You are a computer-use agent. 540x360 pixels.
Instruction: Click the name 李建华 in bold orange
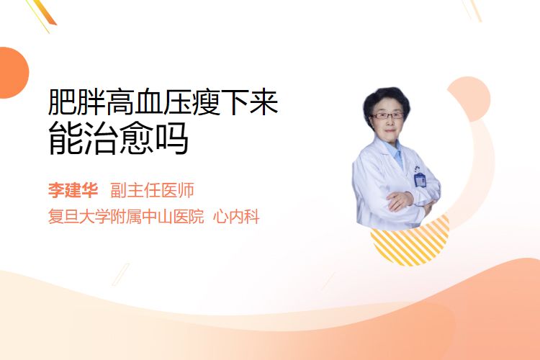pos(73,190)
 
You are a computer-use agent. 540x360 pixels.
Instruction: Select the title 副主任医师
pos(152,190)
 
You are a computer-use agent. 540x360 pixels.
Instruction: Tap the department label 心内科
pos(236,217)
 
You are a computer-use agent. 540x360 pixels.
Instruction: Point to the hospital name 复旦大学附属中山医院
pos(126,217)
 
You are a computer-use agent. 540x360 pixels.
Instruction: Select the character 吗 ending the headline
pos(172,138)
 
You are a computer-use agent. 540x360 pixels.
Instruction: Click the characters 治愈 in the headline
pos(118,138)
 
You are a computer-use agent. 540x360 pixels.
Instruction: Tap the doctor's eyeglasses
pos(387,116)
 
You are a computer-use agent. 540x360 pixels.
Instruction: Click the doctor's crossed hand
pos(400,200)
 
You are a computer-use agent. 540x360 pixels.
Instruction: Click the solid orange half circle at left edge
pos(13,73)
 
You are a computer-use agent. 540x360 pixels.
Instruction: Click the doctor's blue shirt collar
pos(396,152)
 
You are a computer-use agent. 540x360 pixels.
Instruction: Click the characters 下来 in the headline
pos(250,102)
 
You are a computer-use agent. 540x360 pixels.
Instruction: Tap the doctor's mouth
pos(389,130)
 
